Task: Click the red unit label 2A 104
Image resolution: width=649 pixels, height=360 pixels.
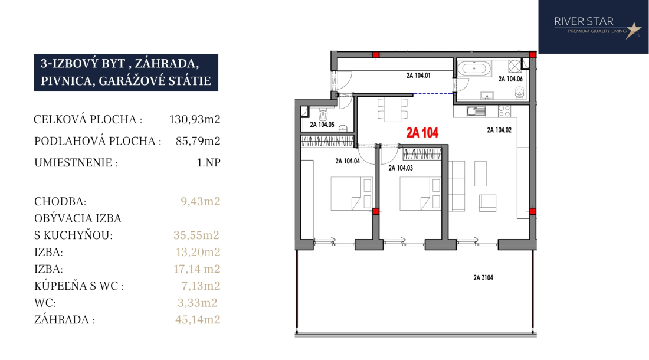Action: click(422, 132)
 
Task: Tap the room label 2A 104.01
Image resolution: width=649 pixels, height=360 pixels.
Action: click(418, 76)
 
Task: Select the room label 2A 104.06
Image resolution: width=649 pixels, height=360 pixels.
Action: click(510, 78)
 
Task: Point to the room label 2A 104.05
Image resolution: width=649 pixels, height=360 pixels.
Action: click(322, 124)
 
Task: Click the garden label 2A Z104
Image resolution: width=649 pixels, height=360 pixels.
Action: click(483, 277)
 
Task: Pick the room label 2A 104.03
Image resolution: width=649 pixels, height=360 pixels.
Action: click(401, 168)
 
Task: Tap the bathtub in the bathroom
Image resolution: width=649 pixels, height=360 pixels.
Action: click(474, 68)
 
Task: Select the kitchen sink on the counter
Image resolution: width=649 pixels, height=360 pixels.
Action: click(476, 111)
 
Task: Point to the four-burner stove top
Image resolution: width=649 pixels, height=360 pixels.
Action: click(504, 111)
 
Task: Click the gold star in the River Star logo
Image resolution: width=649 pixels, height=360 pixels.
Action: click(633, 30)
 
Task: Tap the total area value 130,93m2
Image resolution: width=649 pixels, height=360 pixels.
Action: click(195, 120)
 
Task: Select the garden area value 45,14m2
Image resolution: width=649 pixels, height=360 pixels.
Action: click(198, 319)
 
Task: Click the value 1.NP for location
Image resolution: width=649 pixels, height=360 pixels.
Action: click(209, 163)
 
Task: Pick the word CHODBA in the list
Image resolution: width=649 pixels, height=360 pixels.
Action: click(60, 201)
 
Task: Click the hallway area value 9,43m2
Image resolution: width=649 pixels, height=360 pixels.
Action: click(201, 201)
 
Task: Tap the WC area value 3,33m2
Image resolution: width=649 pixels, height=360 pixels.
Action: click(198, 303)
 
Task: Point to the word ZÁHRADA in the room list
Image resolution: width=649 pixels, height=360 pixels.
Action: click(62, 319)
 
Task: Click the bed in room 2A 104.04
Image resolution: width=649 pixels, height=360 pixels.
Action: click(352, 194)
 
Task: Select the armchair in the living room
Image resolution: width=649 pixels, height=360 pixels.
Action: click(487, 203)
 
